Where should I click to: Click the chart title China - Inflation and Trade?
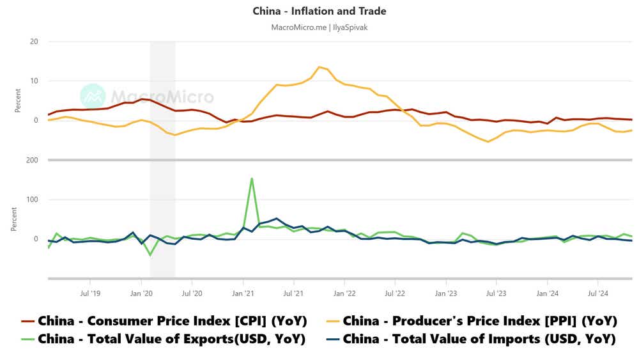click(319, 11)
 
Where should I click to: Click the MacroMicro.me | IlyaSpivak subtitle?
click(319, 27)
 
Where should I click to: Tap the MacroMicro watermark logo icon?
click(93, 96)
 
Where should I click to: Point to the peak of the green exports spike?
click(252, 178)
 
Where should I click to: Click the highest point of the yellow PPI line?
click(319, 67)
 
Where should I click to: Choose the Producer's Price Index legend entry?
click(479, 320)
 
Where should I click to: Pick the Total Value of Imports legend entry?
click(479, 339)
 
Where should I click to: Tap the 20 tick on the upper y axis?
click(34, 42)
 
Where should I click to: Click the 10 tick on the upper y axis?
click(34, 81)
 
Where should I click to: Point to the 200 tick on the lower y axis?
click(32, 160)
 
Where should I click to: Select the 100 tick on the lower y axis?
click(32, 200)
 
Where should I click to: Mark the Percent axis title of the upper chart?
click(17, 100)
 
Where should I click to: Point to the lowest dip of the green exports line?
click(151, 255)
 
